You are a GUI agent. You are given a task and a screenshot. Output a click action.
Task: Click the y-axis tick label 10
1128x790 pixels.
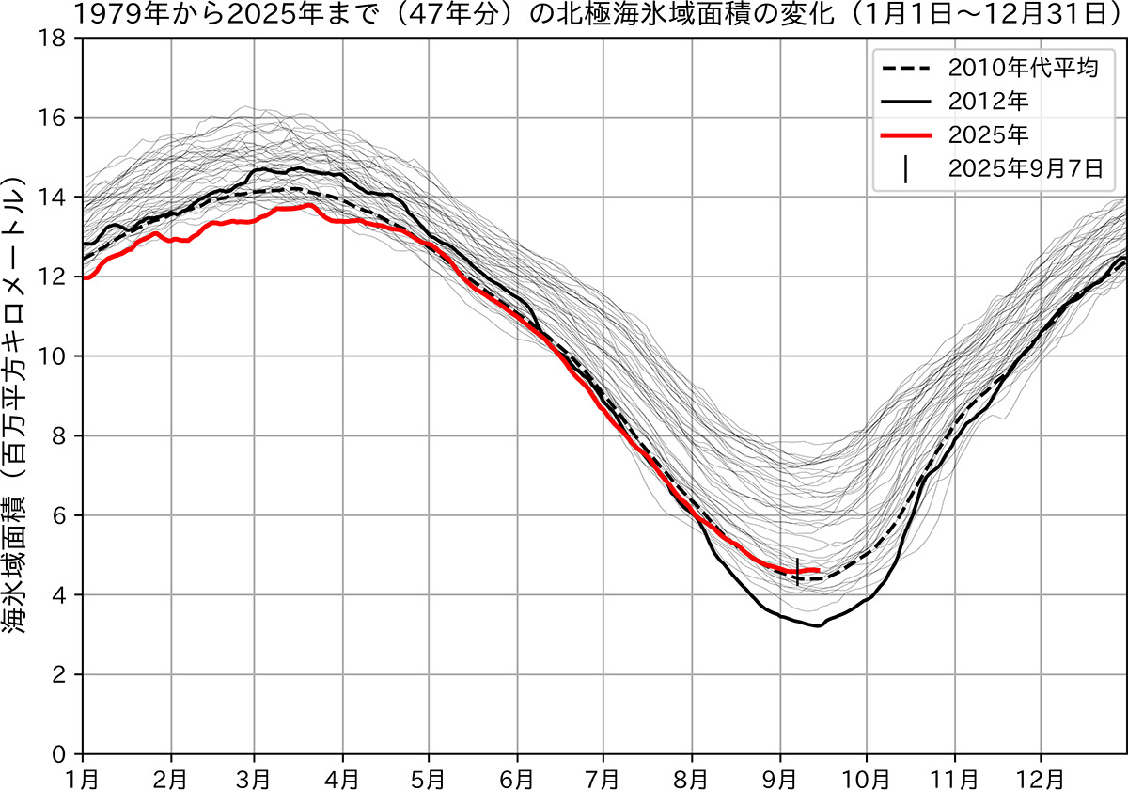click(57, 356)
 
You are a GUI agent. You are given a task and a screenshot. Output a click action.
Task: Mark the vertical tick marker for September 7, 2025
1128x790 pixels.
click(797, 571)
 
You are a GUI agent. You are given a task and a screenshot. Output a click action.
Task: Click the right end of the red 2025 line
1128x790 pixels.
click(820, 570)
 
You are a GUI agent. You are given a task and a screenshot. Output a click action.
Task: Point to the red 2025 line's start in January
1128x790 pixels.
click(86, 277)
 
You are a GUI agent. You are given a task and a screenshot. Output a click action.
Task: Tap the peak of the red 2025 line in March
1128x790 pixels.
click(308, 205)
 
